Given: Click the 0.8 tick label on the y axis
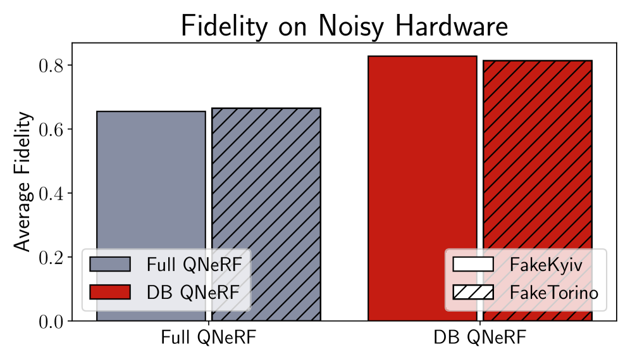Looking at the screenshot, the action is pyautogui.click(x=51, y=66).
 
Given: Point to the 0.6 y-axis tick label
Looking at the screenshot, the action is pyautogui.click(x=51, y=130).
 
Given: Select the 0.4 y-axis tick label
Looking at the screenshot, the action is pyautogui.click(x=51, y=194).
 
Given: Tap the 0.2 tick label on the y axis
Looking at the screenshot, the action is pyautogui.click(x=51, y=258).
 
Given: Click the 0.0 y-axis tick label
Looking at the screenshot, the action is pyautogui.click(x=51, y=322).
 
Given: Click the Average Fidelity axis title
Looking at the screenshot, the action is pyautogui.click(x=22, y=182).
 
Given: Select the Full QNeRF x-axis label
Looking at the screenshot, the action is pyautogui.click(x=209, y=338).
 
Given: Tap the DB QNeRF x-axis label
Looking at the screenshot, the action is pyautogui.click(x=479, y=338).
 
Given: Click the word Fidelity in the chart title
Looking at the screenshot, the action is pyautogui.click(x=224, y=26).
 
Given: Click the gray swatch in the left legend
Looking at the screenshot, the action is pyautogui.click(x=110, y=264).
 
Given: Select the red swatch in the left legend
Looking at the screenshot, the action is pyautogui.click(x=110, y=292).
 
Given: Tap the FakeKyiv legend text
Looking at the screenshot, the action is pyautogui.click(x=546, y=265).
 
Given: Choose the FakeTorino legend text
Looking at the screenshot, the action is pyautogui.click(x=554, y=293).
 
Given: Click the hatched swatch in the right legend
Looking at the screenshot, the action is pyautogui.click(x=473, y=292).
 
